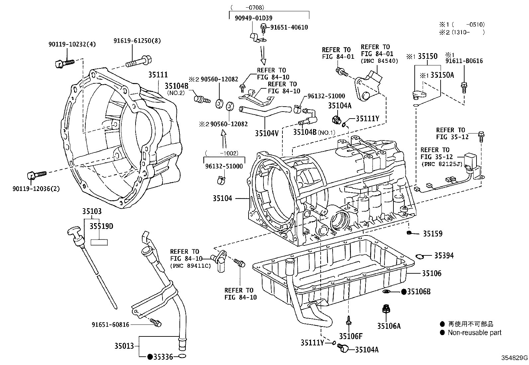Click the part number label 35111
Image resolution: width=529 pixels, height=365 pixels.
click(158, 75)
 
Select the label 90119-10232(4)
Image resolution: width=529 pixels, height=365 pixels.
click(72, 44)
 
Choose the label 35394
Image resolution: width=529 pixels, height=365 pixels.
click(444, 255)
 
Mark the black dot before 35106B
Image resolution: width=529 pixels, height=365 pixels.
click(404, 292)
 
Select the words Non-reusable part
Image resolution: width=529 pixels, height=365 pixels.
click(475, 332)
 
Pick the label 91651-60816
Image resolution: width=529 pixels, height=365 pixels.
click(110, 324)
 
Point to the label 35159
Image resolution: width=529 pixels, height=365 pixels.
click(432, 234)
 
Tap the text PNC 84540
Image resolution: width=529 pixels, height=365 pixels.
click(379, 61)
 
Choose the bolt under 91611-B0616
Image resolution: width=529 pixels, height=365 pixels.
click(464, 88)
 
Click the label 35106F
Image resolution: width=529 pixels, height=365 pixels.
click(351, 336)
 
